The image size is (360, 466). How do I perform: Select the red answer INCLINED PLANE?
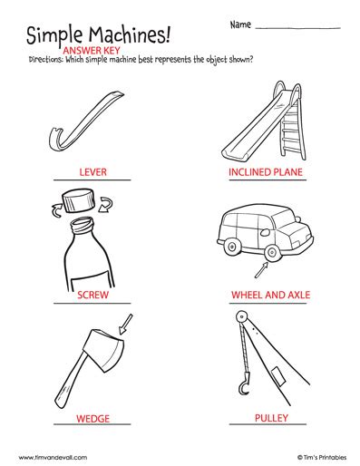tap(265, 170)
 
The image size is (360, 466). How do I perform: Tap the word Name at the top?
tap(239, 23)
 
